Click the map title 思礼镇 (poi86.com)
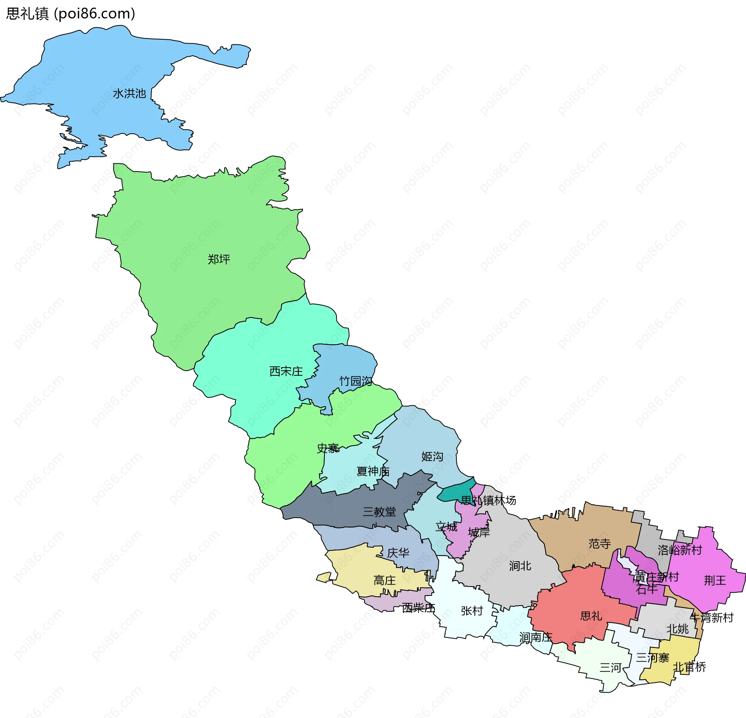[x=71, y=14]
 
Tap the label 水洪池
[x=129, y=94]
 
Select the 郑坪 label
[x=219, y=259]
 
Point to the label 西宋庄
[x=286, y=371]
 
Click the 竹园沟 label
[x=355, y=381]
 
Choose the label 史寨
[x=328, y=448]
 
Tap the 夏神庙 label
[x=373, y=471]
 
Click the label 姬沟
[x=432, y=456]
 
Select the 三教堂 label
[x=379, y=511]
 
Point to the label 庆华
[x=398, y=553]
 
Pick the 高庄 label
[x=384, y=580]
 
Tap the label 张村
[x=472, y=611]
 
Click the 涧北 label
[x=520, y=566]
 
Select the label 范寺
[x=600, y=543]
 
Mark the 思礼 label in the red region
[x=591, y=616]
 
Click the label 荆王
[x=715, y=580]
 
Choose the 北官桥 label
[x=689, y=667]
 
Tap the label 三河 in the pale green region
[x=610, y=668]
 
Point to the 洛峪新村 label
[x=680, y=550]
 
